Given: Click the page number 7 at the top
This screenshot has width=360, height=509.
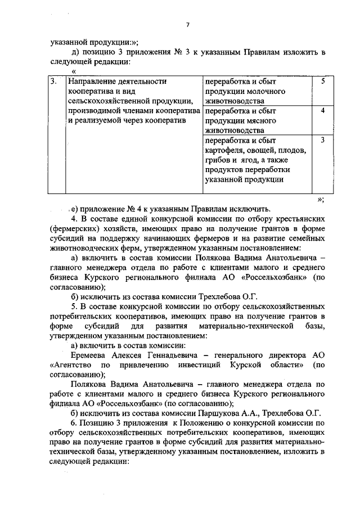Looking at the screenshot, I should pos(188,24).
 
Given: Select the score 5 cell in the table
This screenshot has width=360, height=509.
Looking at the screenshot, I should pos(323,82).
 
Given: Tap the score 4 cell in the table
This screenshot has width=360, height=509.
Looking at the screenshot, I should pos(323,111).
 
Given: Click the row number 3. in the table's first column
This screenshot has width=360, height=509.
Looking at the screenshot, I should pos(53,82).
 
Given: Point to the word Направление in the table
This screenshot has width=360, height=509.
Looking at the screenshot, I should pos(93,82).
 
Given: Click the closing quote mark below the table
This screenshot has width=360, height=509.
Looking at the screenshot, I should pos(320,198).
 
